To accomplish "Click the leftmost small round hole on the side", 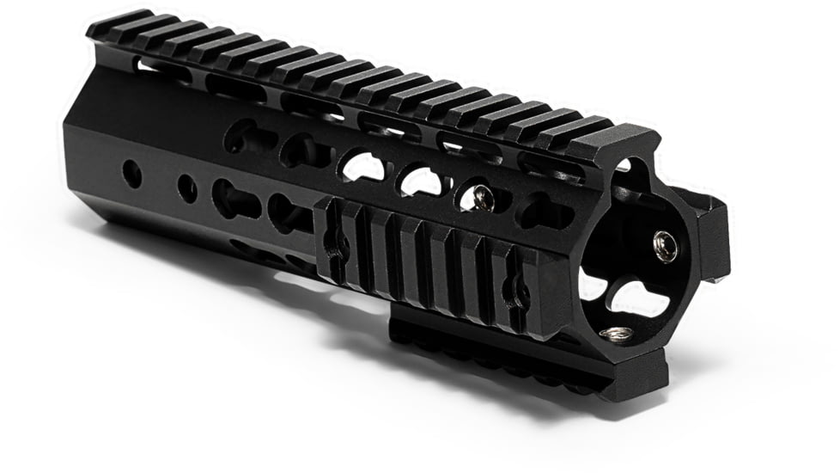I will coord(132,175).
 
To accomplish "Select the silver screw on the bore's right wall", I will coord(665,246).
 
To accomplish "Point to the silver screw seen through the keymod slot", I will coord(483,199).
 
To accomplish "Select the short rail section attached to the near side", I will coord(429,262).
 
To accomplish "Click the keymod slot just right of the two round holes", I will coord(234,200).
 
